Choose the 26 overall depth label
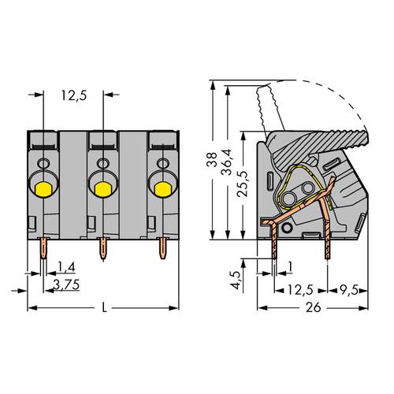tap(314, 309)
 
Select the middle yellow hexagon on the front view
tap(102, 188)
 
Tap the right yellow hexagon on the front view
tap(162, 188)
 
